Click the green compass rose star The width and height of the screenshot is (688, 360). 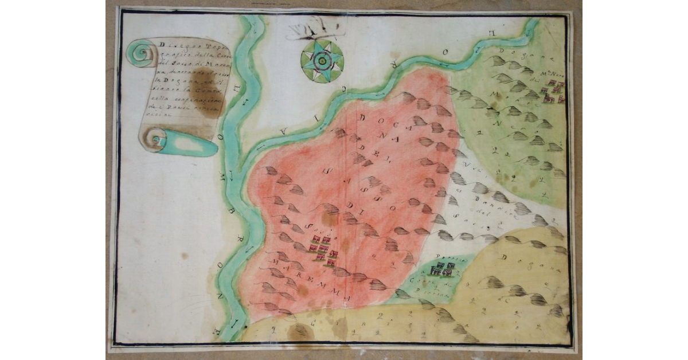(322, 61)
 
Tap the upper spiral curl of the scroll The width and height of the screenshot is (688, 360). (141, 54)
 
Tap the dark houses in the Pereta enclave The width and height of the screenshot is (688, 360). (443, 268)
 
